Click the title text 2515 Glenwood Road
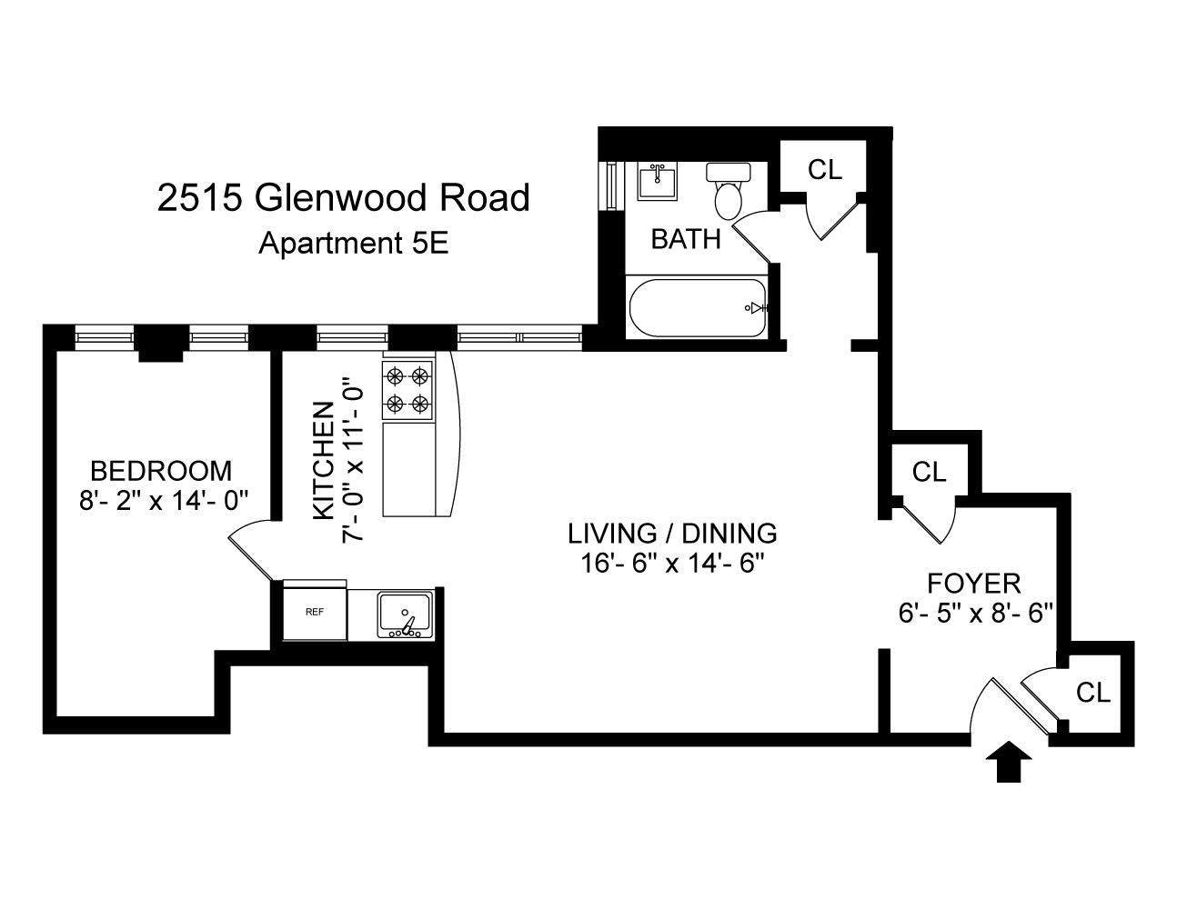coord(343,197)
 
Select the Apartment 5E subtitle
coord(354,244)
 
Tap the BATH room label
coord(686,239)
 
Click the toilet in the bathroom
coord(729,192)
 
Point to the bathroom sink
coord(657,182)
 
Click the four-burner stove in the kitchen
coord(407,388)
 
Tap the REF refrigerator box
coord(315,612)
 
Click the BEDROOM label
coord(161,471)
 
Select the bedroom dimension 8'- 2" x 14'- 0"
coord(164,499)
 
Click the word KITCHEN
coord(323,461)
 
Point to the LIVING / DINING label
coord(672,533)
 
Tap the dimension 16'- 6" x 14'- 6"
coord(671,563)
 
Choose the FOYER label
coord(973,583)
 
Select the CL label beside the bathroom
coord(825,169)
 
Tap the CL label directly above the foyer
coord(930,472)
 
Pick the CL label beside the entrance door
coord(1093,693)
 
